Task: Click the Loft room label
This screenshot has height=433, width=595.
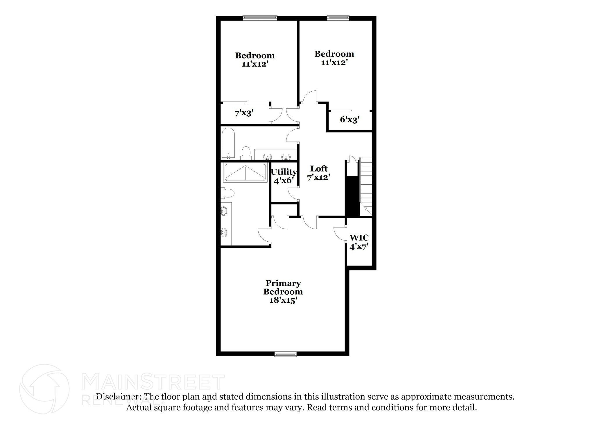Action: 319,169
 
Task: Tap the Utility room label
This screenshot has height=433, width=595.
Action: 284,172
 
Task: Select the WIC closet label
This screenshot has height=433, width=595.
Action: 359,238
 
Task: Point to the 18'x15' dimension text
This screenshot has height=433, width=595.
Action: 283,300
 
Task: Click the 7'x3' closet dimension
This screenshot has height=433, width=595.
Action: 244,113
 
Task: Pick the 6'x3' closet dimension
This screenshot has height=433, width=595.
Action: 350,120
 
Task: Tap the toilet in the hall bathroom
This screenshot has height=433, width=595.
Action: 246,153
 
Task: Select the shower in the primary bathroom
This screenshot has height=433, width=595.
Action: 245,173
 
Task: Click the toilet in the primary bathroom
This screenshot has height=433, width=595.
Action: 227,193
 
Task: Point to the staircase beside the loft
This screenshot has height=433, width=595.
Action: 366,183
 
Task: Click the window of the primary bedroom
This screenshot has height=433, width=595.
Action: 286,354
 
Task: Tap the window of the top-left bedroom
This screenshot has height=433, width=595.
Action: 260,18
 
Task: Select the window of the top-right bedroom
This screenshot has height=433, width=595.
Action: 338,18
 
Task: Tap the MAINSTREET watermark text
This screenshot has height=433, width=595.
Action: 153,382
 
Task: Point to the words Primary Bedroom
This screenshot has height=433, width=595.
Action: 283,287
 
